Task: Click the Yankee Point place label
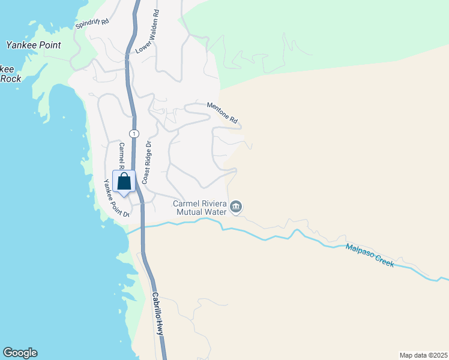(x=33, y=45)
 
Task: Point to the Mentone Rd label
(x=223, y=111)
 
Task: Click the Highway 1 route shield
(x=133, y=133)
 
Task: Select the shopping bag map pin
(x=124, y=181)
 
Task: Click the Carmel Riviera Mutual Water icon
(x=236, y=207)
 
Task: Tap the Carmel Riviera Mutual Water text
(x=199, y=207)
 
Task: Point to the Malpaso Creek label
(x=370, y=255)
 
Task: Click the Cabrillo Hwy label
(x=158, y=313)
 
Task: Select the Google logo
(x=20, y=353)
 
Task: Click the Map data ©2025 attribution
(x=423, y=355)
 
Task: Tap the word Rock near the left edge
(x=10, y=79)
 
